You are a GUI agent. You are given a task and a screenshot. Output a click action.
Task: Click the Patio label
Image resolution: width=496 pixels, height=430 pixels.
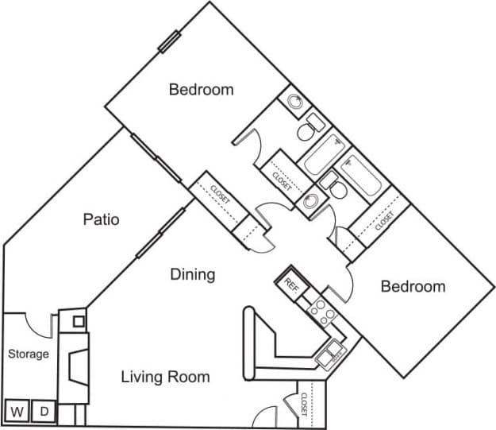[102, 219]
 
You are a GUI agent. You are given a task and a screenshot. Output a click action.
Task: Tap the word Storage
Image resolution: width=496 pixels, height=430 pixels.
[29, 354]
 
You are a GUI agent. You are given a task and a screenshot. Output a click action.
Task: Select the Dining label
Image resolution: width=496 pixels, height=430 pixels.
[193, 275]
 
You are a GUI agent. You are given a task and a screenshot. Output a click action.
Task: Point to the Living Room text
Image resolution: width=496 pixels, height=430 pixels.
[165, 377]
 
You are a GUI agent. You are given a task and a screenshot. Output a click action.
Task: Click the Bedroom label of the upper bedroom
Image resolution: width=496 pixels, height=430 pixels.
[201, 90]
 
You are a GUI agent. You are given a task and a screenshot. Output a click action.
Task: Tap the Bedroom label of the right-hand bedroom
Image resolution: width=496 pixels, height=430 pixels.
[413, 286]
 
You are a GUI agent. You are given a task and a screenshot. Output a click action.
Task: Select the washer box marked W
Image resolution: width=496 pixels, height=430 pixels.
[16, 412]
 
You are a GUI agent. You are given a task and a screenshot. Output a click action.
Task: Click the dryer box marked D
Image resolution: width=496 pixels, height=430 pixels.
[44, 412]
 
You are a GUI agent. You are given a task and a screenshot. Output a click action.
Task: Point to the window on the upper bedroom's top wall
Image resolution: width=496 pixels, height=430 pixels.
[170, 41]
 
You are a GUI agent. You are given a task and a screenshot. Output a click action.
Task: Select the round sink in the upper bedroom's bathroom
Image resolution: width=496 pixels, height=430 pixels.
[294, 101]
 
